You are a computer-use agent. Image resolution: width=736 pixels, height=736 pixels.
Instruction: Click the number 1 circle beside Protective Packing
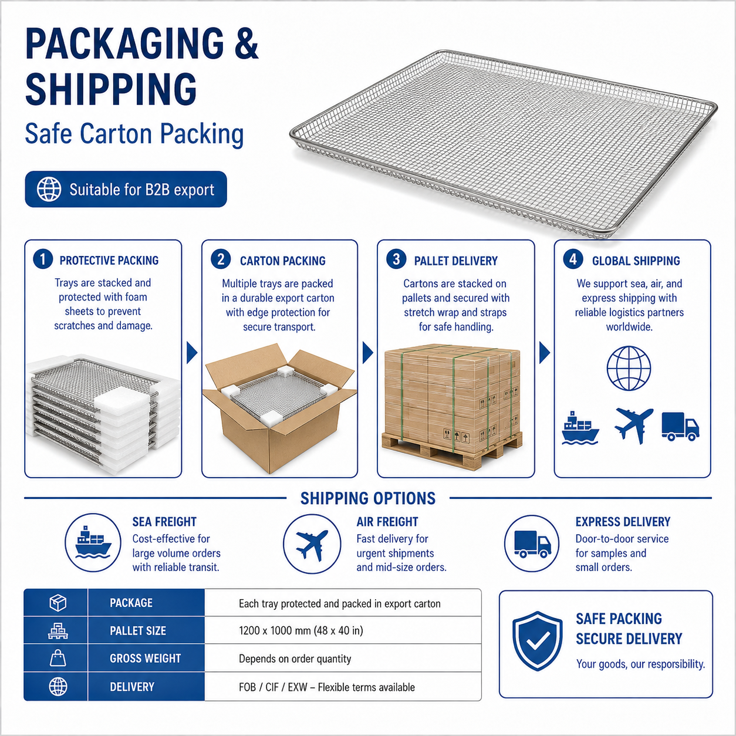[43, 259]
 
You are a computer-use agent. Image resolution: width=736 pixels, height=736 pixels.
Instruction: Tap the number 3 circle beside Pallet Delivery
[396, 259]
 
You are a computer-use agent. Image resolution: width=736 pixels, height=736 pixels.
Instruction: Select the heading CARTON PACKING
[283, 261]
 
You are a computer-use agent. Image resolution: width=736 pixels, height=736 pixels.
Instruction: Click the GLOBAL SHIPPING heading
[636, 261]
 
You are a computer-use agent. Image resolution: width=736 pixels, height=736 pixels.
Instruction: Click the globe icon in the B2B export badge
[49, 189]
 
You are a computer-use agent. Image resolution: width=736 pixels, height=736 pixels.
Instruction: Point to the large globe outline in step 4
[629, 368]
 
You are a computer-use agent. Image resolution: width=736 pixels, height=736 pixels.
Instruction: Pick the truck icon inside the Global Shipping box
[680, 427]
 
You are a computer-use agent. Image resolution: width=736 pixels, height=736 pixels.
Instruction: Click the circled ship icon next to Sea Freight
[93, 542]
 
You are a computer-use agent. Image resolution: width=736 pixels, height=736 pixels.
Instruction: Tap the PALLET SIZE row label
[138, 630]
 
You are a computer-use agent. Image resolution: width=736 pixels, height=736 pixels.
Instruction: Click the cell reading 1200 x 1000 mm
[301, 630]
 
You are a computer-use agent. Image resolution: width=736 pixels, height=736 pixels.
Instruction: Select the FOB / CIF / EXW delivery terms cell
[326, 687]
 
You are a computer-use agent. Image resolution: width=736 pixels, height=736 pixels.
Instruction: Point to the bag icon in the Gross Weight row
[58, 658]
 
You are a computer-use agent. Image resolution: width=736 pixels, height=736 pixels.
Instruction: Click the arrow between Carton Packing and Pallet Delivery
[367, 353]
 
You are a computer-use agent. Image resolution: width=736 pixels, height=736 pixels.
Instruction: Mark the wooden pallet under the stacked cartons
[452, 451]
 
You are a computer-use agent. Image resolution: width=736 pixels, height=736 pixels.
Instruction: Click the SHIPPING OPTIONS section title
[368, 498]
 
